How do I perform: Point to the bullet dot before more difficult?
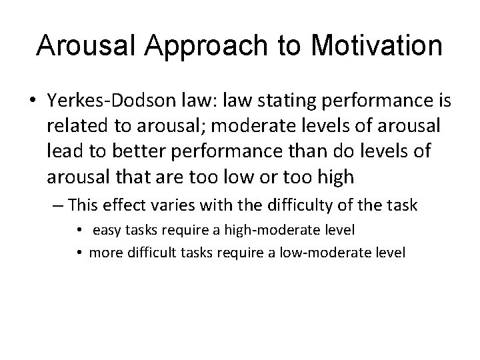coord(79,253)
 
